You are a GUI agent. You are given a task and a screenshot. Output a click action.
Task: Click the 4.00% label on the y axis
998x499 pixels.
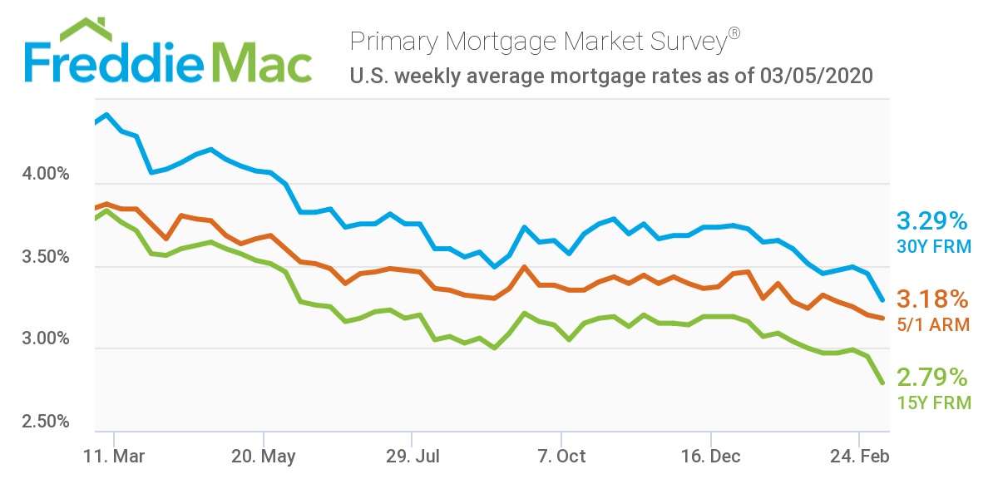tap(43, 175)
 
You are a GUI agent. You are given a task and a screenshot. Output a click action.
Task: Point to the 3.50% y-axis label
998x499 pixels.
tap(43, 258)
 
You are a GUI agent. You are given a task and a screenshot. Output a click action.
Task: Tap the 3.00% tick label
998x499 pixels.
tap(43, 339)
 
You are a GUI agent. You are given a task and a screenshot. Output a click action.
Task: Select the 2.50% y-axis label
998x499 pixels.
tap(43, 422)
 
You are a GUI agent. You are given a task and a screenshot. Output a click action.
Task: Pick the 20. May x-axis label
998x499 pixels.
tap(263, 457)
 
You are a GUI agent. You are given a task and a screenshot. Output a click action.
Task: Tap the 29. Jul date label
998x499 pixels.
tap(413, 457)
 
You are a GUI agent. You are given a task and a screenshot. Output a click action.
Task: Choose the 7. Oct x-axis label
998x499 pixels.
tap(561, 457)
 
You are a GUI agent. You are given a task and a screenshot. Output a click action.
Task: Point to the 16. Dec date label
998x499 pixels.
tap(711, 457)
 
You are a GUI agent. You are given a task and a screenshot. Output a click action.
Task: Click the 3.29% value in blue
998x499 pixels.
tap(932, 221)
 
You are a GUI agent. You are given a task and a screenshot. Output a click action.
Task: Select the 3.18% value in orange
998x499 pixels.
tap(932, 299)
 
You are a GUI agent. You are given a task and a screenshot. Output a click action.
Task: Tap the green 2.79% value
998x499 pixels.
tap(932, 378)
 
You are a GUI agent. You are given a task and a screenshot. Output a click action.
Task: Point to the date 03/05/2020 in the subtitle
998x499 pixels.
tap(817, 77)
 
